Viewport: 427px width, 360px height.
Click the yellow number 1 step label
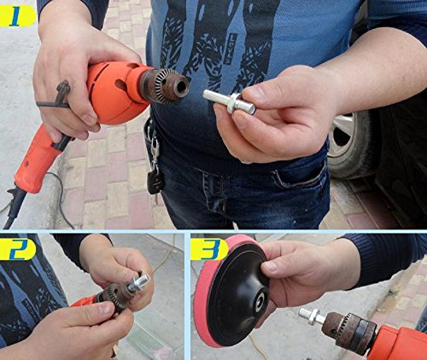pos(17,16)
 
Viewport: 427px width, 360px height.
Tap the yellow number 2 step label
pos(18,249)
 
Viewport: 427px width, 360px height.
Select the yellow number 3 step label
pos(209,249)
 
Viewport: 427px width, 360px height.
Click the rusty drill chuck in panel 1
pos(165,85)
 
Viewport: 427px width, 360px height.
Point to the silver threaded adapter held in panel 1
pos(229,102)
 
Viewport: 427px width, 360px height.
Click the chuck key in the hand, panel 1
pos(56,96)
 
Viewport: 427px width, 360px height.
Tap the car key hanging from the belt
pos(155,181)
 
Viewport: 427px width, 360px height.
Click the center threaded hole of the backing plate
pos(260,302)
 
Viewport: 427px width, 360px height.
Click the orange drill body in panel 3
pos(399,344)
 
